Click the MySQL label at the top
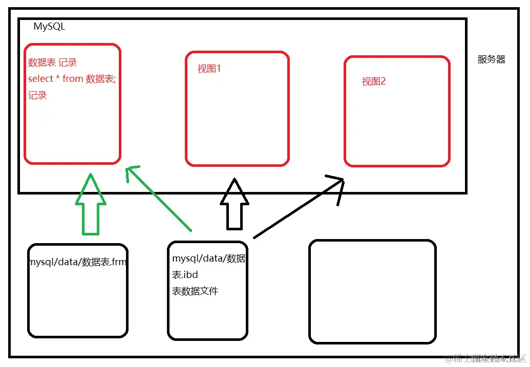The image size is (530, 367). click(49, 27)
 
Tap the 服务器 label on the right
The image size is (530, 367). click(491, 59)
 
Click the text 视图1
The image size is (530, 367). click(209, 69)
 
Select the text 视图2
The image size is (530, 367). click(373, 81)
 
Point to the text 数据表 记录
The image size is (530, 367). click(52, 62)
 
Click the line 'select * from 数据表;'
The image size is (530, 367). click(72, 79)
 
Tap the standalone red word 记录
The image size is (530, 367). click(37, 95)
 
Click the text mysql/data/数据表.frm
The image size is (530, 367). click(77, 262)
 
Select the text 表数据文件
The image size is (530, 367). click(195, 291)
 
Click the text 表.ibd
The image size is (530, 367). click(185, 275)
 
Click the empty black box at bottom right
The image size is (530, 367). click(372, 291)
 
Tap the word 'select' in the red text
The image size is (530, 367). click(40, 79)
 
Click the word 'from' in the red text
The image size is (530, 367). click(73, 79)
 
